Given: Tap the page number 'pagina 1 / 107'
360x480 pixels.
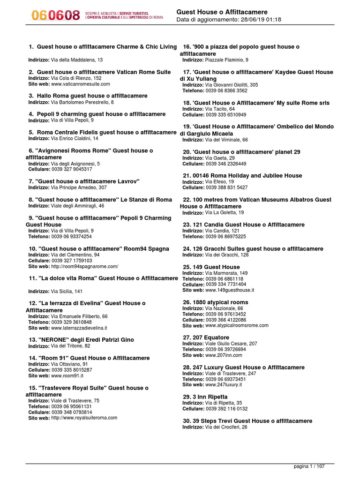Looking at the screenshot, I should point(309,466).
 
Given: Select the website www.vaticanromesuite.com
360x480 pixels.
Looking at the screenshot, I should point(80,84).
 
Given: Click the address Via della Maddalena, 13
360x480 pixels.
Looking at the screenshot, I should point(77,60).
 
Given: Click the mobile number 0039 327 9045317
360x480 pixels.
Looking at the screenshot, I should point(72,169).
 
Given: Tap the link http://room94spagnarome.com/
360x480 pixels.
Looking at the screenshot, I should point(84,266).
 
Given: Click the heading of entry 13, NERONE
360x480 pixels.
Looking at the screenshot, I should point(81,340).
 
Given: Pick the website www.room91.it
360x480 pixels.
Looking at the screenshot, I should point(67,376).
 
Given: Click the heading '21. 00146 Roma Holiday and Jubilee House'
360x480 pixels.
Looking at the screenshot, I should point(242,176).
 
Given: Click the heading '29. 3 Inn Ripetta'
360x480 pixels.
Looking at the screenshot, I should point(205,397).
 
